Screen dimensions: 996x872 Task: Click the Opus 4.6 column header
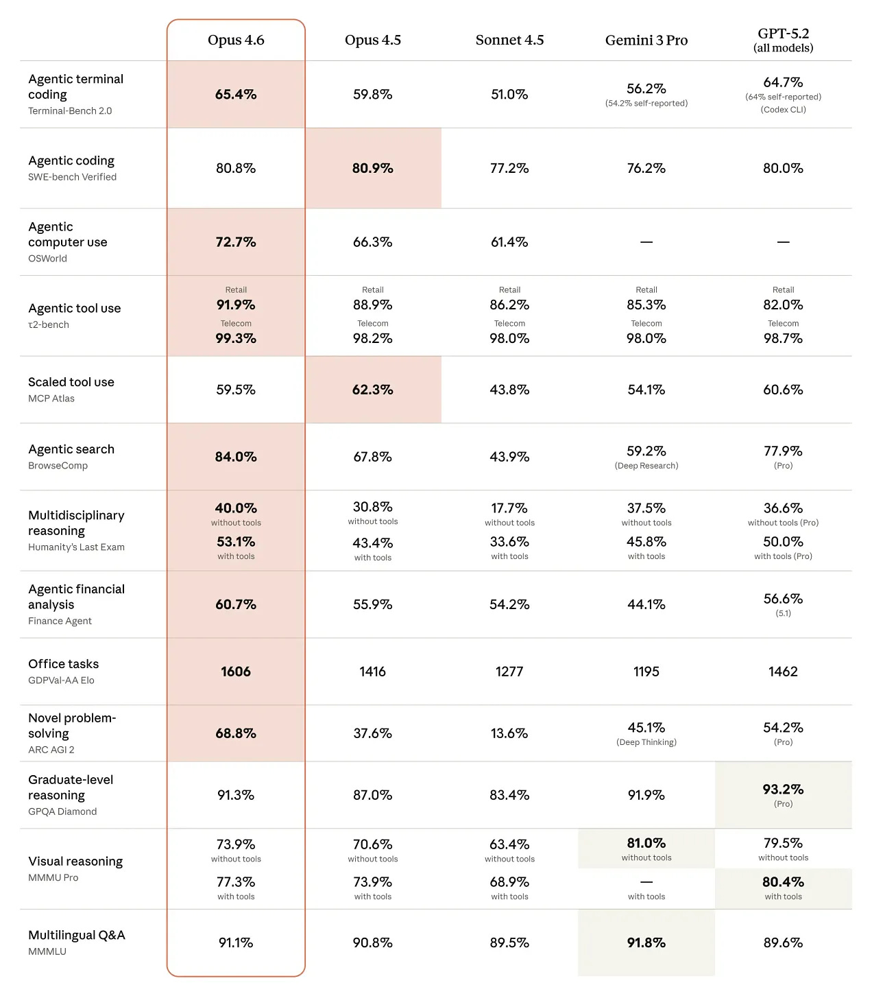(x=236, y=40)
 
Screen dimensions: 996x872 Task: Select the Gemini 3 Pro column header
(x=646, y=40)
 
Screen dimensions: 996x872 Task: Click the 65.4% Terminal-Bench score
(x=236, y=95)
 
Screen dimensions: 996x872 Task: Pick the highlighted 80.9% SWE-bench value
(x=372, y=168)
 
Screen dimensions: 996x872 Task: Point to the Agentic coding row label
(x=71, y=161)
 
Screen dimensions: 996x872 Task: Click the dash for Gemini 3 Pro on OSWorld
(x=646, y=242)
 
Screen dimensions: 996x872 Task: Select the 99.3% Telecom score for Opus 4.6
(x=236, y=338)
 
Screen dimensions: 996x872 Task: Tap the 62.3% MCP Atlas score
(x=372, y=390)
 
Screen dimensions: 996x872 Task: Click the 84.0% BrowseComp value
(x=236, y=457)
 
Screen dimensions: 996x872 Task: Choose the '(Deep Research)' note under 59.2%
(x=646, y=466)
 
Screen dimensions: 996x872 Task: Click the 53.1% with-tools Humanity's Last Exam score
(x=236, y=542)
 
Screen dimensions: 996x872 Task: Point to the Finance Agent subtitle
(x=60, y=621)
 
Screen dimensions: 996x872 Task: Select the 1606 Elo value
(x=236, y=672)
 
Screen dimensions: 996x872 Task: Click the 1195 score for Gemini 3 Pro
(x=646, y=672)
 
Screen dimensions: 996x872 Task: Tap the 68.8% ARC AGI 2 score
(x=236, y=733)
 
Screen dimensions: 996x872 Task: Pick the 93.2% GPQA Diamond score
(x=783, y=790)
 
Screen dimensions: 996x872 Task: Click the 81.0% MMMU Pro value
(x=646, y=843)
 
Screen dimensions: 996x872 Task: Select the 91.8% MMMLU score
(x=646, y=943)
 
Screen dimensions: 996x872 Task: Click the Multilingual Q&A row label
(x=77, y=935)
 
